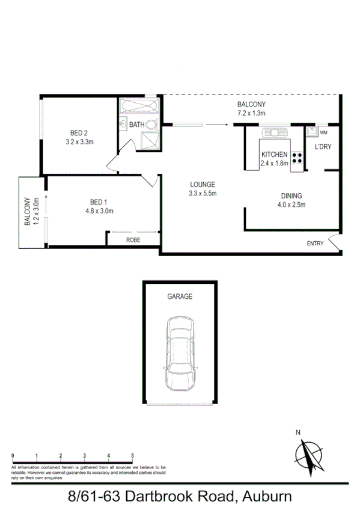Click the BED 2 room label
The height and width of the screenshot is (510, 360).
click(79, 133)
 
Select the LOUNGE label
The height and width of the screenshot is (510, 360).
click(203, 184)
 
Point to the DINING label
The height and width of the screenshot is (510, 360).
click(291, 195)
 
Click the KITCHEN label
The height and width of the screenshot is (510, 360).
click(274, 155)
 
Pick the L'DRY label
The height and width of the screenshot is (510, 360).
click(323, 146)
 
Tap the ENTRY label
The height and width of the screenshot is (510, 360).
click(315, 244)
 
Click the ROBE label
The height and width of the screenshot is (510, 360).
click(133, 240)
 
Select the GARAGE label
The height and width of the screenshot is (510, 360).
click(180, 296)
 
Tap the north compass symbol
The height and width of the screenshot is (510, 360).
click(311, 455)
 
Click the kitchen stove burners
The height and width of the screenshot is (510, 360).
click(296, 158)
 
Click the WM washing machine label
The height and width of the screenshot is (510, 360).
click(324, 132)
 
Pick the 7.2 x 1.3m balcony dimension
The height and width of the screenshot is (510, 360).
click(251, 112)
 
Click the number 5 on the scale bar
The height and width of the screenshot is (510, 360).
click(133, 455)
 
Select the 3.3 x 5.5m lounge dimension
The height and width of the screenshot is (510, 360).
click(203, 193)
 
